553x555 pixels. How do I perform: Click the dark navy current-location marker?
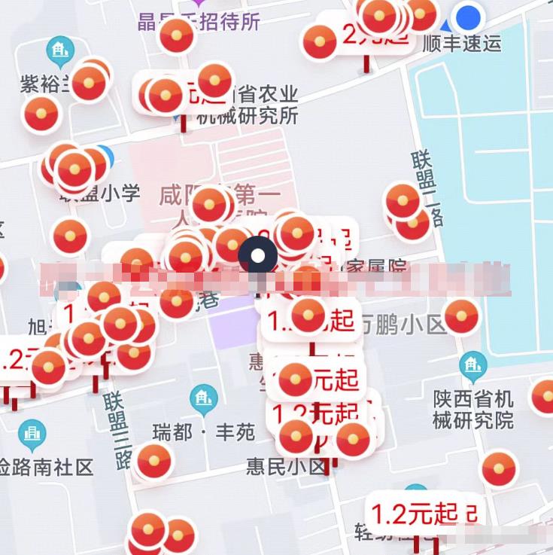tap(257, 256)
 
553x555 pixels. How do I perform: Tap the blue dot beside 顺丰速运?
tap(469, 16)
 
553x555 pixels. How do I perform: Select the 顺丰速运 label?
tap(462, 43)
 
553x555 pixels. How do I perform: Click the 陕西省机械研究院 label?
tap(473, 409)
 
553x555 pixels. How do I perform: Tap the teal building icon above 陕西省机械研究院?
tap(472, 366)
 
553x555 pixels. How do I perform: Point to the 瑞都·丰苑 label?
tap(204, 432)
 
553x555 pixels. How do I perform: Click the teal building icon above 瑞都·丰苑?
tap(203, 398)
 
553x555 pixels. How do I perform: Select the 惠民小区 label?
tap(287, 467)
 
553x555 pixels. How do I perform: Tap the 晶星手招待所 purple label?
tap(199, 22)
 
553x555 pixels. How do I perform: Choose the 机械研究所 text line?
tap(248, 116)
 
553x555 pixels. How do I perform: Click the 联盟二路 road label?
tap(427, 188)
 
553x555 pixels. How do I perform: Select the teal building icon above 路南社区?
tap(32, 434)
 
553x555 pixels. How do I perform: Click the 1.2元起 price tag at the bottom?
tap(415, 515)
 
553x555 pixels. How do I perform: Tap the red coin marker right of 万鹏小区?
tap(461, 317)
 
